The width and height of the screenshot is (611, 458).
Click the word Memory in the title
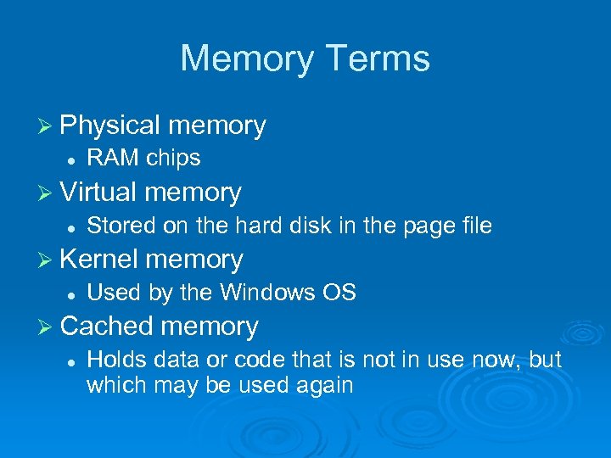coord(247,59)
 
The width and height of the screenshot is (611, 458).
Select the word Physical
coord(110,126)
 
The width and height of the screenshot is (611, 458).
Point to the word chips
coord(173,159)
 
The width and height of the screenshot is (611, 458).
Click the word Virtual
coord(99,193)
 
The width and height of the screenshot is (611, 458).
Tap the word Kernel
coord(99,260)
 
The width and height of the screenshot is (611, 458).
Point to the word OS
coord(339,293)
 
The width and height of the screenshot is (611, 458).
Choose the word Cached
coord(107,327)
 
